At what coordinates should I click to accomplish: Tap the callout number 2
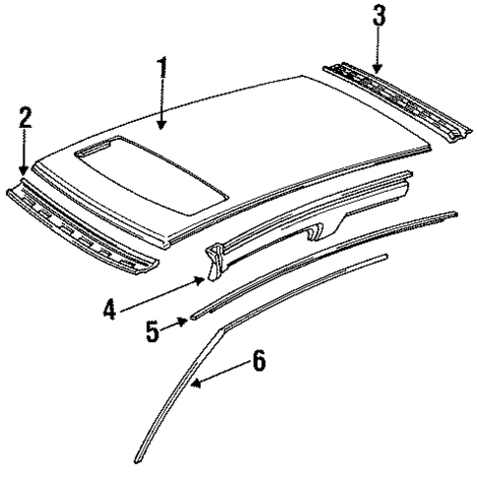[x=25, y=119]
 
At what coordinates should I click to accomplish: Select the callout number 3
[x=377, y=17]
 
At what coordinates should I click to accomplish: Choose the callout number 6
[x=259, y=361]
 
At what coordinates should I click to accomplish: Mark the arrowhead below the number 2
[x=25, y=174]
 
